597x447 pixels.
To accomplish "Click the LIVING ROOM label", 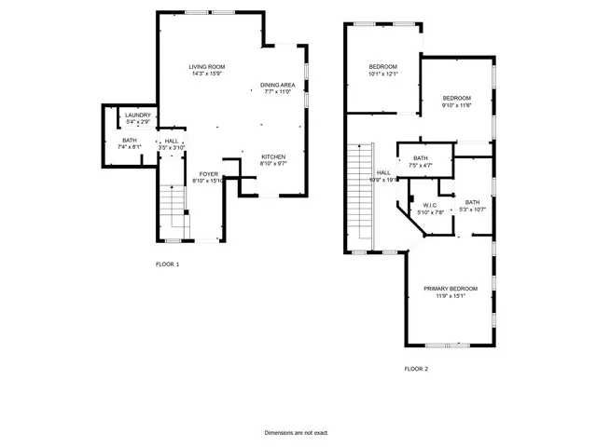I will [x=207, y=66].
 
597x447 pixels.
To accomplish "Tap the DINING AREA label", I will [x=277, y=85].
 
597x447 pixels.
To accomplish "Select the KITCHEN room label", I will [x=272, y=156].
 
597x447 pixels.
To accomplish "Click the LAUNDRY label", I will [x=138, y=115].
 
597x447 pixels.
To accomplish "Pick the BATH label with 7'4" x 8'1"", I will [x=129, y=141].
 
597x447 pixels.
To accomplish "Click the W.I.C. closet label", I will [x=430, y=205].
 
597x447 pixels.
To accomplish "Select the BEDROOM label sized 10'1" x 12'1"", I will [x=382, y=66].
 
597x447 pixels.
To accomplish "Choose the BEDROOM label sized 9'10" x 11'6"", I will [x=456, y=99].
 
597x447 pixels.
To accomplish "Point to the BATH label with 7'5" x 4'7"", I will [x=421, y=158].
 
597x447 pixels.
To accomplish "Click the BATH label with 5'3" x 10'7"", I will [x=473, y=202].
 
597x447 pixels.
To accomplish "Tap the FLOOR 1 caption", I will [x=167, y=264].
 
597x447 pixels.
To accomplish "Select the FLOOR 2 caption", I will [x=416, y=369].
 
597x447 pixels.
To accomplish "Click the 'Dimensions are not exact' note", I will [x=296, y=433].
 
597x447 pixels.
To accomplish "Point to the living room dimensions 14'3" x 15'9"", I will [x=207, y=74].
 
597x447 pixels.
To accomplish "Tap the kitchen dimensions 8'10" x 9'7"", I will [x=272, y=163].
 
